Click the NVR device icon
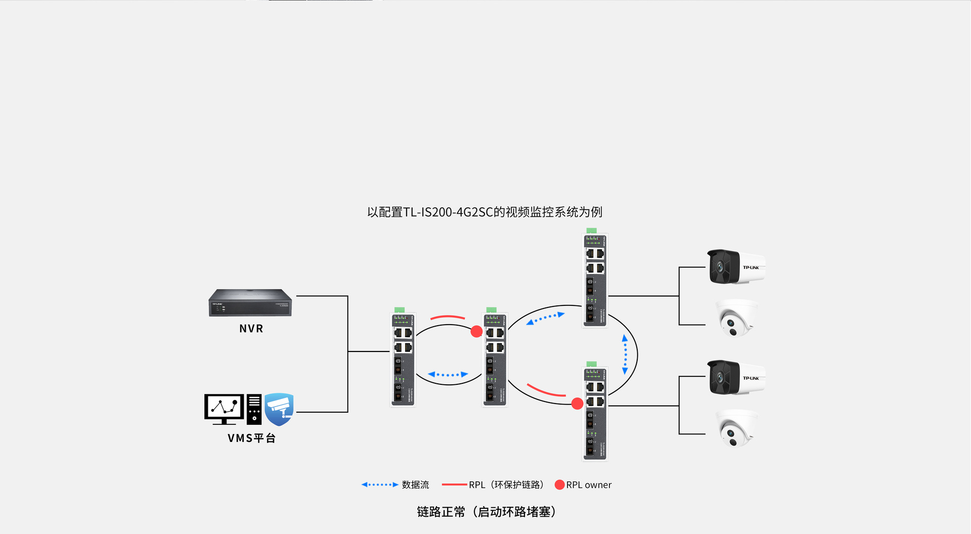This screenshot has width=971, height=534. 250,302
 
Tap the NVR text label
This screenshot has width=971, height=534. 251,329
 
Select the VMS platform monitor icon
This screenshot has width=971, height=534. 224,409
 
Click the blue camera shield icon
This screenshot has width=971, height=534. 279,409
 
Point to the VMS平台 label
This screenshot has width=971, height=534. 251,438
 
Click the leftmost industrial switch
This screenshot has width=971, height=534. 403,359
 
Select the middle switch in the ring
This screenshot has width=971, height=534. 495,359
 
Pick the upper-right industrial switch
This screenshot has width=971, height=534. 595,279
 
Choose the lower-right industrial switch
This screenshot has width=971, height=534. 595,413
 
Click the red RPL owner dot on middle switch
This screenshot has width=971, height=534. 476,332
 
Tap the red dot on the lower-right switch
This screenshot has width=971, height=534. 577,404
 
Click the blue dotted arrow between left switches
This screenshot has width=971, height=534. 448,375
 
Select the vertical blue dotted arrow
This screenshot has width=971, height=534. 625,354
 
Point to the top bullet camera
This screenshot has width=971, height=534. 736,266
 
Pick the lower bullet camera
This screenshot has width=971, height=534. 736,377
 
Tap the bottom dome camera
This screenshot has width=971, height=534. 737,429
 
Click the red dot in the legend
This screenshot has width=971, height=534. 559,485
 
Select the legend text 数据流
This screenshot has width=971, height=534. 415,485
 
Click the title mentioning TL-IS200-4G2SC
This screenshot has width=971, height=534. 484,212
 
